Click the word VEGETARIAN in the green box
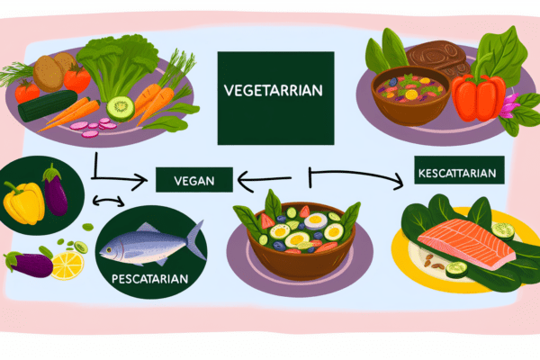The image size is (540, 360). click(x=274, y=91)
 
